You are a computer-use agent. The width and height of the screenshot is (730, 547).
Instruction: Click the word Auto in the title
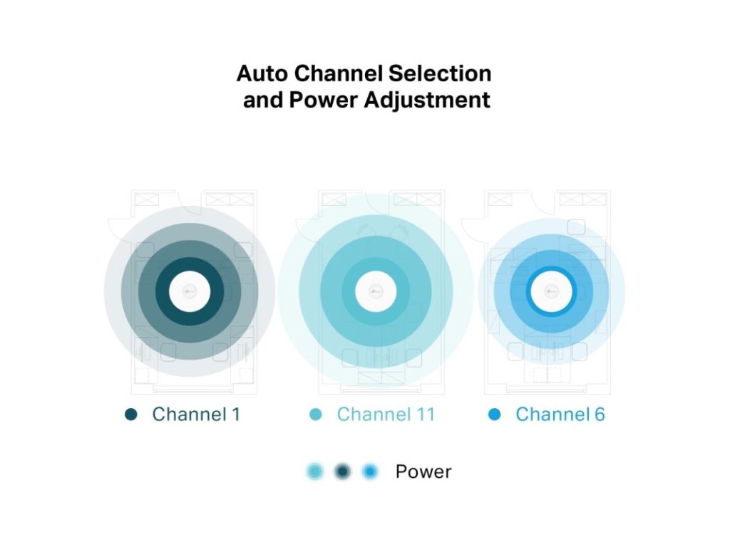coord(261,73)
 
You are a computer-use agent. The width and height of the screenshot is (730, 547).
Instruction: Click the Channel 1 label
coord(196,415)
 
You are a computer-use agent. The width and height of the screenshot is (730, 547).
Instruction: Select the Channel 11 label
coord(386,415)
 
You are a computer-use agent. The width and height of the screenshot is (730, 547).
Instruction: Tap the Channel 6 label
coord(560,415)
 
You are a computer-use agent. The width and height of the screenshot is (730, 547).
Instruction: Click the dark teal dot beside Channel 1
coord(131,415)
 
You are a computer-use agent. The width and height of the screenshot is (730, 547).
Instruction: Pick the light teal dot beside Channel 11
coord(316,415)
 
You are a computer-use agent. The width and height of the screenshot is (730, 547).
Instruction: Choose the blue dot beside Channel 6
coord(495,415)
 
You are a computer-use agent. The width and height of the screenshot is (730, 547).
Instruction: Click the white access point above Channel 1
coord(190,291)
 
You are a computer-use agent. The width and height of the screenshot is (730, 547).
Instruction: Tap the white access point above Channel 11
coord(376,291)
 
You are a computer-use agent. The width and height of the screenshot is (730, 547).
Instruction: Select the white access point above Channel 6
coord(550,291)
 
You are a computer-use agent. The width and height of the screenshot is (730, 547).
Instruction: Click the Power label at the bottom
coord(423,472)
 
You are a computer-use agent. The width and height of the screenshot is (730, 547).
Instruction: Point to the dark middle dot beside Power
coord(343,472)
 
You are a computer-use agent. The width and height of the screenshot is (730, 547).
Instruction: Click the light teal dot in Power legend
coord(315,472)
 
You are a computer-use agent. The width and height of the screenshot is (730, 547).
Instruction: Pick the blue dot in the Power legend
coord(369,472)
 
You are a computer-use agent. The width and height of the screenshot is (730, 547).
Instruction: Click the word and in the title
coord(262,100)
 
